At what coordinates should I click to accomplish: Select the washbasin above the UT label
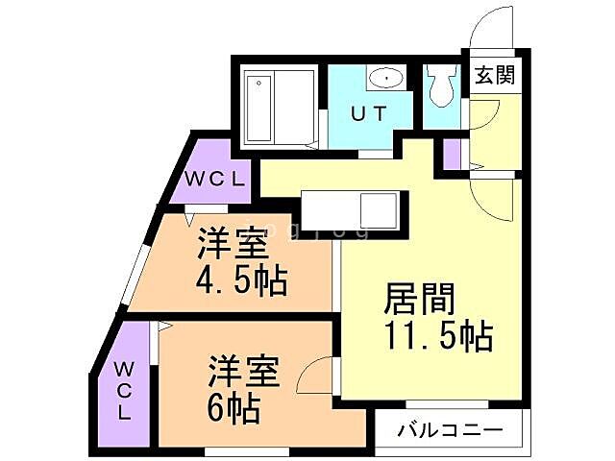click(x=385, y=78)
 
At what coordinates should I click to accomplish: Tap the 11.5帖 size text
click(x=439, y=337)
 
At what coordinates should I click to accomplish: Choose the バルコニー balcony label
click(x=450, y=428)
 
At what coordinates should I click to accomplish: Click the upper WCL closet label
click(x=216, y=179)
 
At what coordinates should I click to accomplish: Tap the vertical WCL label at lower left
click(x=125, y=390)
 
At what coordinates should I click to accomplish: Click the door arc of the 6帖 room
click(x=315, y=377)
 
